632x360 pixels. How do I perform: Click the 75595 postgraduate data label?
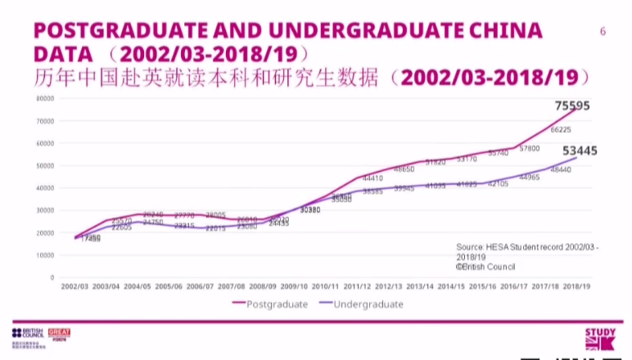coord(572,106)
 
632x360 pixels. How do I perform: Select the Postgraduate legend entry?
coord(275,304)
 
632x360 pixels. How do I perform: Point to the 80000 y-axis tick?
coord(45,98)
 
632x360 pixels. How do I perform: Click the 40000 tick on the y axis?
coord(45,188)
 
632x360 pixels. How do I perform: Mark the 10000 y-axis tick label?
coord(45,255)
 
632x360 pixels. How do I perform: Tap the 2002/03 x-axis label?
coord(75,286)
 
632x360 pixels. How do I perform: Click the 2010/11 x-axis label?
coord(326,286)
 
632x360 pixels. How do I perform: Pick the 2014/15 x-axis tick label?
coord(451,286)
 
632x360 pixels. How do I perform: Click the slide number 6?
coord(603,32)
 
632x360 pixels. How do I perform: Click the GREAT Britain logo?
coord(60,335)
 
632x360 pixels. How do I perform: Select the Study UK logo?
coord(599,340)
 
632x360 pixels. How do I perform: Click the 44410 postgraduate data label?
coord(372,178)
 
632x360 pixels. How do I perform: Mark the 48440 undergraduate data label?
coord(561,169)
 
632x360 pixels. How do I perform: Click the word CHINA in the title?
coord(501,31)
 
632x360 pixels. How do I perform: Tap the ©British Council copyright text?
coord(485,266)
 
